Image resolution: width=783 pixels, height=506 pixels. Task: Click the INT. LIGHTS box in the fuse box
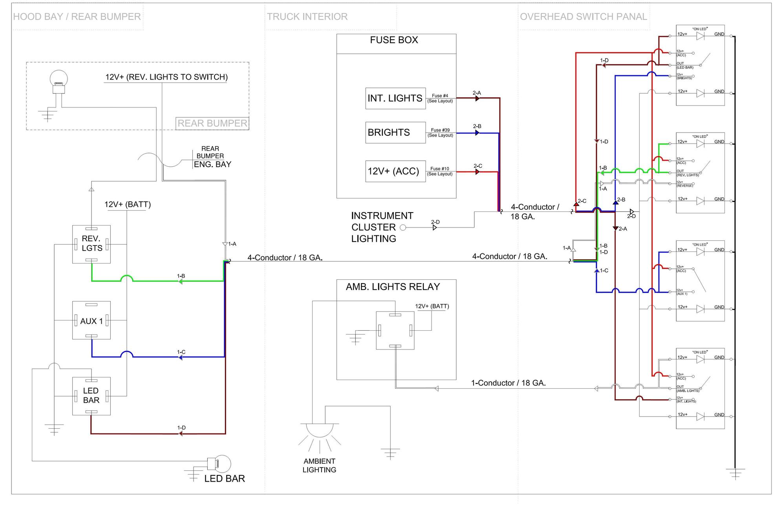(x=395, y=98)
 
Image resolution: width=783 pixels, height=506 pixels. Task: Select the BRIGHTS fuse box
(x=395, y=133)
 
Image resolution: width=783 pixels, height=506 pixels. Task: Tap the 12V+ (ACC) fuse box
(x=395, y=171)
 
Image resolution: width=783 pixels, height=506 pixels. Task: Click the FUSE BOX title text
(x=394, y=40)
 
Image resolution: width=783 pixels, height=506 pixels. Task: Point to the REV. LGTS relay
(x=91, y=244)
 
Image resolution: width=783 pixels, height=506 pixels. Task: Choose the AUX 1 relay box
(x=91, y=320)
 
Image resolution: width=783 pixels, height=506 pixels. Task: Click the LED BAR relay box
(x=91, y=396)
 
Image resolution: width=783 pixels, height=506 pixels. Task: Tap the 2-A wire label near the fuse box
(x=477, y=93)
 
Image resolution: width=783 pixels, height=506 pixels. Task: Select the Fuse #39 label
(x=440, y=130)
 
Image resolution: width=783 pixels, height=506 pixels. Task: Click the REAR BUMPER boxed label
(x=212, y=124)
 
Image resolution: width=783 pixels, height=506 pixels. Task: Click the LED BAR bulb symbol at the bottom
(x=220, y=464)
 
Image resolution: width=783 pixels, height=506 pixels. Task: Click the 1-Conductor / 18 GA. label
(x=508, y=383)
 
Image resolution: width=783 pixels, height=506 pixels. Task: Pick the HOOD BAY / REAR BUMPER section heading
(x=77, y=17)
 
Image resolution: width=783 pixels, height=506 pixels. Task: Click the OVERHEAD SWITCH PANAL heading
(x=583, y=17)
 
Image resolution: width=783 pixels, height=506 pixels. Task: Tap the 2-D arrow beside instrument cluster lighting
(x=435, y=227)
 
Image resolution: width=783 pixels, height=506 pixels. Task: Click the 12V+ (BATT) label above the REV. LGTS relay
(x=127, y=204)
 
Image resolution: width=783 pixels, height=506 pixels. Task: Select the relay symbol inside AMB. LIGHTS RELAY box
(x=395, y=330)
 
